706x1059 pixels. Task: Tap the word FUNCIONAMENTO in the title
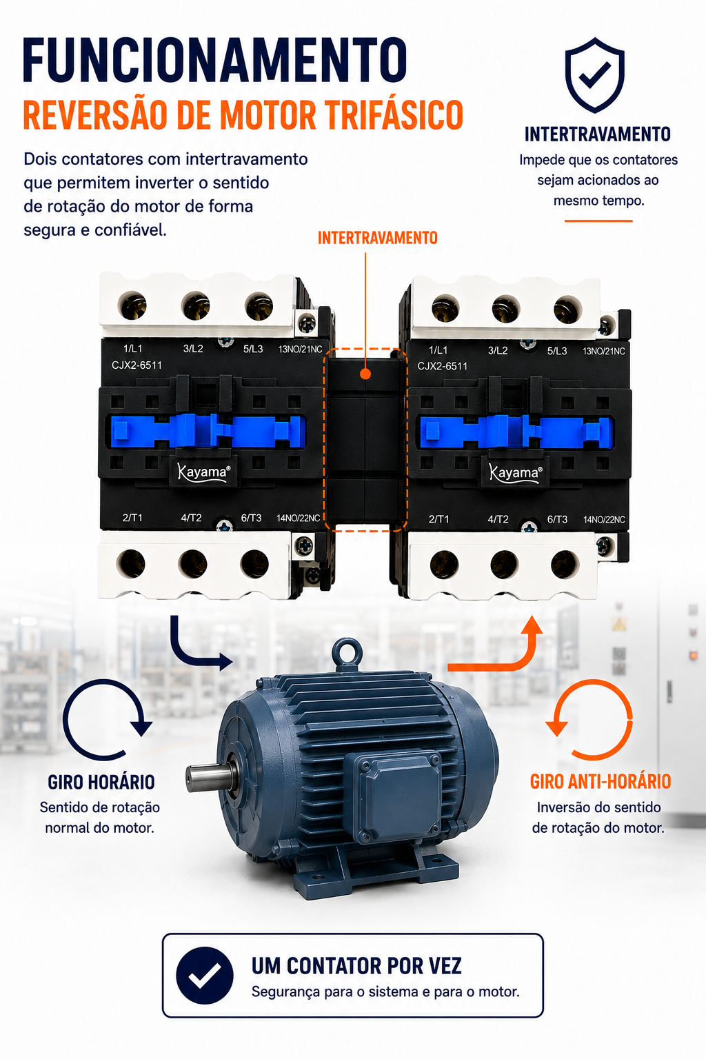coord(215,60)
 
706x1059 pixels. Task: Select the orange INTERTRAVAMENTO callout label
coord(377,238)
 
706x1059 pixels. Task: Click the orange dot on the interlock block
coord(365,374)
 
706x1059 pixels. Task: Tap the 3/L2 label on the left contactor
coord(193,349)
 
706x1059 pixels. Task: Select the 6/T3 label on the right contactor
coord(557,519)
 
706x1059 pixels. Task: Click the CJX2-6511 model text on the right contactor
coord(442,366)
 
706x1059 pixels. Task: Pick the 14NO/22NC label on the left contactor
coord(299,518)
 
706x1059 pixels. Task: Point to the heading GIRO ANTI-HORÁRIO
coord(600,781)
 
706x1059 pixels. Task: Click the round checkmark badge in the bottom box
coord(204,976)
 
